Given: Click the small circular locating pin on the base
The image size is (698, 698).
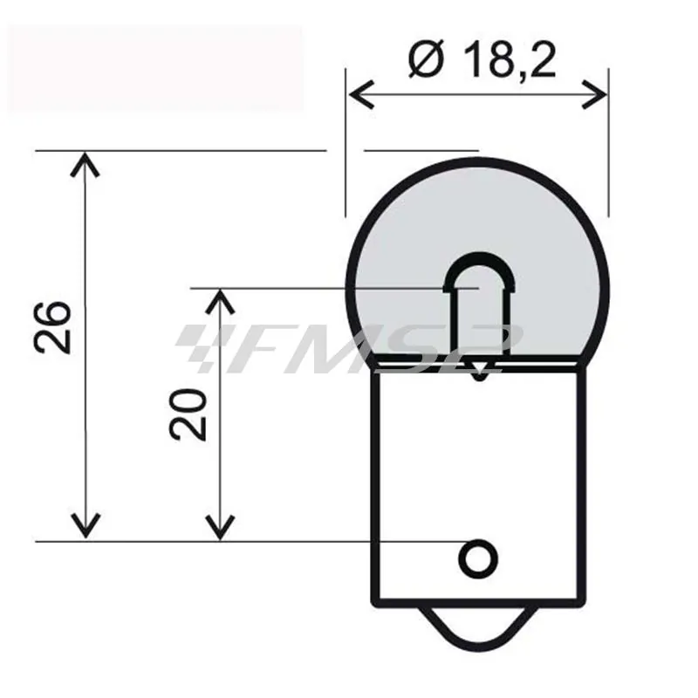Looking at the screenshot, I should tap(478, 557).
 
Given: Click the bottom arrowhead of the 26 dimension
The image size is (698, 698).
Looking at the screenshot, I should tap(84, 528).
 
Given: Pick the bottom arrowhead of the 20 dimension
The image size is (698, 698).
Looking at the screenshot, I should tap(219, 528).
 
